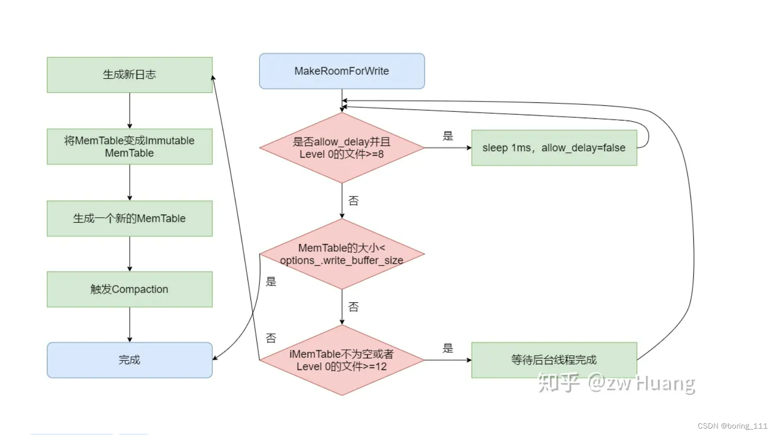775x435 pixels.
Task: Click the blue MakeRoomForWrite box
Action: [341, 71]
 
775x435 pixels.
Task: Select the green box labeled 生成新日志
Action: [130, 75]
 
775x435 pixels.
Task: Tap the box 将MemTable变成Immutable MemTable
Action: [130, 146]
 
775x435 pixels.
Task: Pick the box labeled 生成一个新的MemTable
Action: [130, 218]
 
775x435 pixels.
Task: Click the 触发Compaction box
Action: [130, 289]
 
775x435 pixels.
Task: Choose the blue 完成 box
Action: [130, 360]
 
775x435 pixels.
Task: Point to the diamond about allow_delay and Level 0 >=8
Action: [341, 148]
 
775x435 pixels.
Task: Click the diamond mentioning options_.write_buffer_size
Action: [341, 254]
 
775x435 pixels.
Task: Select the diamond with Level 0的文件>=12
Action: [341, 360]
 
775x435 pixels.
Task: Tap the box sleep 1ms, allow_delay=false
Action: [554, 147]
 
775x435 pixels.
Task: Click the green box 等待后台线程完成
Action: [554, 360]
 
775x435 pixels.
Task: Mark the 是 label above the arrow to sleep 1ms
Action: [448, 136]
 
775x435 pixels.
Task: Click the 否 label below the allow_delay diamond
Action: [353, 200]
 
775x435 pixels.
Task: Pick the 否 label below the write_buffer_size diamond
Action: [353, 307]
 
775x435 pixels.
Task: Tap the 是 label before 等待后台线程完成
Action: [448, 348]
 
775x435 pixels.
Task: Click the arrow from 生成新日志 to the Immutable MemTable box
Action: [130, 111]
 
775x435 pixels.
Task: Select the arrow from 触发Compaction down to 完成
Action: [130, 325]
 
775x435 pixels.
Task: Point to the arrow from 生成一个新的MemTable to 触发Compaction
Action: [130, 254]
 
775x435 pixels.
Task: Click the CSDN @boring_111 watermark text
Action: [732, 426]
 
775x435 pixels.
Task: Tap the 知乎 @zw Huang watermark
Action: [616, 383]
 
